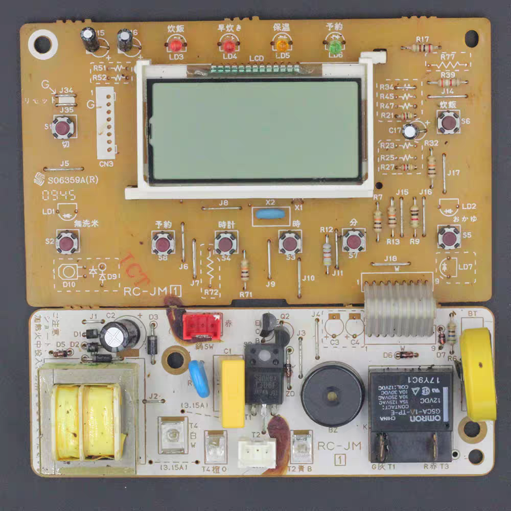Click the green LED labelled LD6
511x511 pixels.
point(335,48)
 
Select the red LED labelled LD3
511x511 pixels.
point(175,45)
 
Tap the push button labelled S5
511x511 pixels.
point(449,237)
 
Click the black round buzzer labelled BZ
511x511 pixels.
point(332,393)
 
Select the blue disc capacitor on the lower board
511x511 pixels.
point(199,379)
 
